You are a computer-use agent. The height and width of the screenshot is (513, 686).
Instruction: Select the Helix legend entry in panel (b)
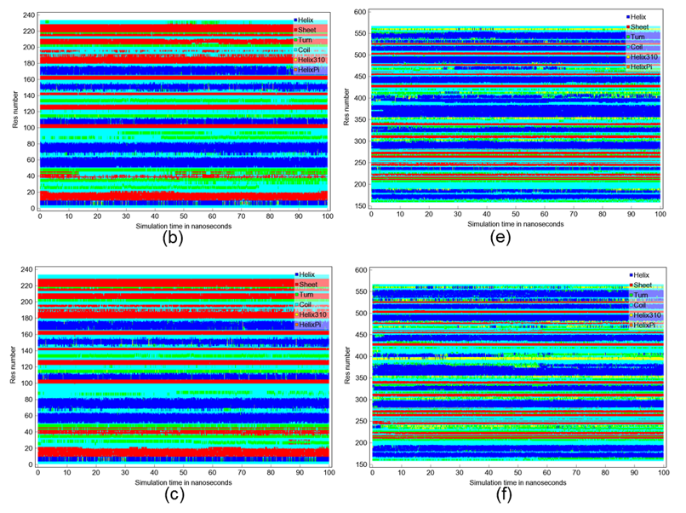pos(307,19)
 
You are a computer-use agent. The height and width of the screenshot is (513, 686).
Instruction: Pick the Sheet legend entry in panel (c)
pos(307,283)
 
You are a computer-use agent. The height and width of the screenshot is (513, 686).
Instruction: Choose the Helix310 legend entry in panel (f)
pos(644,314)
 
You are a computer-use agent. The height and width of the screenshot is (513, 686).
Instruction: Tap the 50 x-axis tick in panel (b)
pos(183,216)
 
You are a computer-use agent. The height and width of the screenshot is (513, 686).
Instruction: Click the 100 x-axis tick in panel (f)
pos(660,473)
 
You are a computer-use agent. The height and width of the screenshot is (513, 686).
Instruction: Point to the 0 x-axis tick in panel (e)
pos(371,216)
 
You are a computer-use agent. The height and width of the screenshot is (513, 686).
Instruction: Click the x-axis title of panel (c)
pos(183,481)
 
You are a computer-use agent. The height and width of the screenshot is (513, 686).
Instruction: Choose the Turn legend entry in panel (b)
pos(307,39)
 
